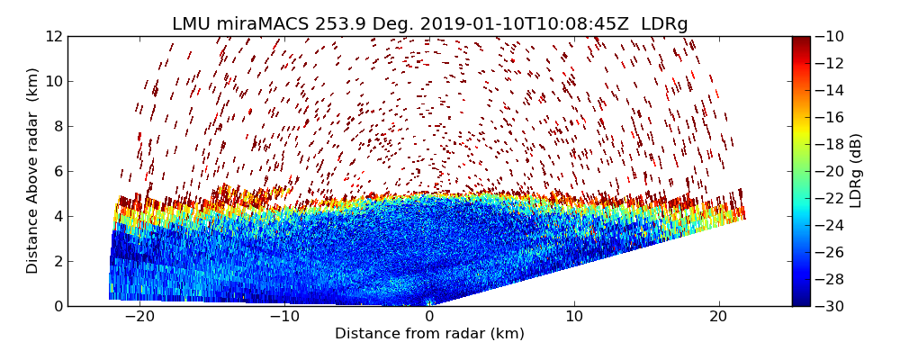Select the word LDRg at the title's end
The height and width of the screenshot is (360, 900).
(x=664, y=24)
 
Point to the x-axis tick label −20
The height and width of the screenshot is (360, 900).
(x=139, y=317)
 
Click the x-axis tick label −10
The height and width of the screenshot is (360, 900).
(x=284, y=317)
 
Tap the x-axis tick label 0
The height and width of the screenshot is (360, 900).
(x=429, y=317)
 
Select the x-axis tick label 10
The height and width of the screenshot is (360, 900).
(x=574, y=317)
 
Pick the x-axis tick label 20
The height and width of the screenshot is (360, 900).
(x=718, y=317)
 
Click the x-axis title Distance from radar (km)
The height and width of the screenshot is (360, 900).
(x=429, y=334)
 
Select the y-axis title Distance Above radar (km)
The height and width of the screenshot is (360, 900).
(x=33, y=171)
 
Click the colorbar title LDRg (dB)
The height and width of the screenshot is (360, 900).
(x=857, y=171)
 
